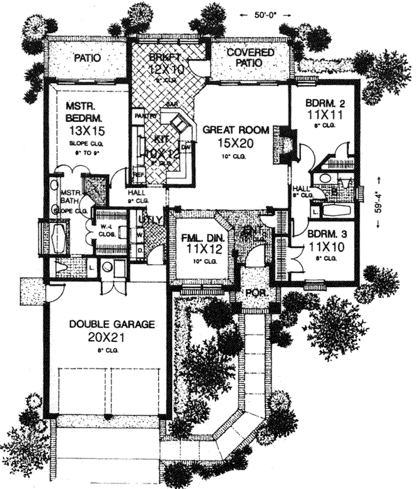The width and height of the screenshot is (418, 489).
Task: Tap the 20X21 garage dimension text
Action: (x=109, y=337)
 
